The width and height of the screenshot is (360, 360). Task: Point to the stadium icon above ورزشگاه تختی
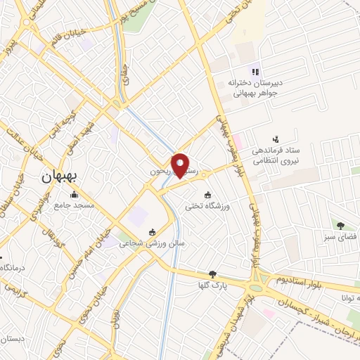tap(207, 195)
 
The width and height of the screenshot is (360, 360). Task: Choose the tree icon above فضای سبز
tap(340, 226)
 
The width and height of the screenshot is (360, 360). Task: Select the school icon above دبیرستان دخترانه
tap(255, 71)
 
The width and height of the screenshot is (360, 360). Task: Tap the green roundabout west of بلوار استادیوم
tap(258, 285)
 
